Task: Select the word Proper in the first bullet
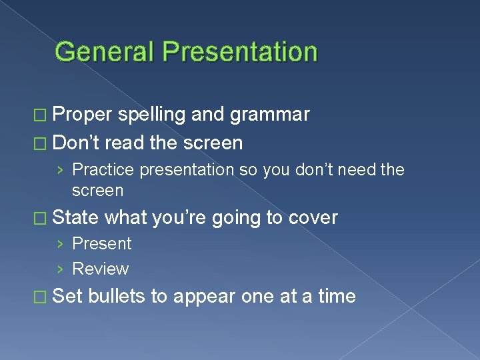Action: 82,115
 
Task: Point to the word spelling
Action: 152,115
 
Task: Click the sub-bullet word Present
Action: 101,244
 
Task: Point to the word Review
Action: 100,269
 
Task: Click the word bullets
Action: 117,296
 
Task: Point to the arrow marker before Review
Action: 61,269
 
